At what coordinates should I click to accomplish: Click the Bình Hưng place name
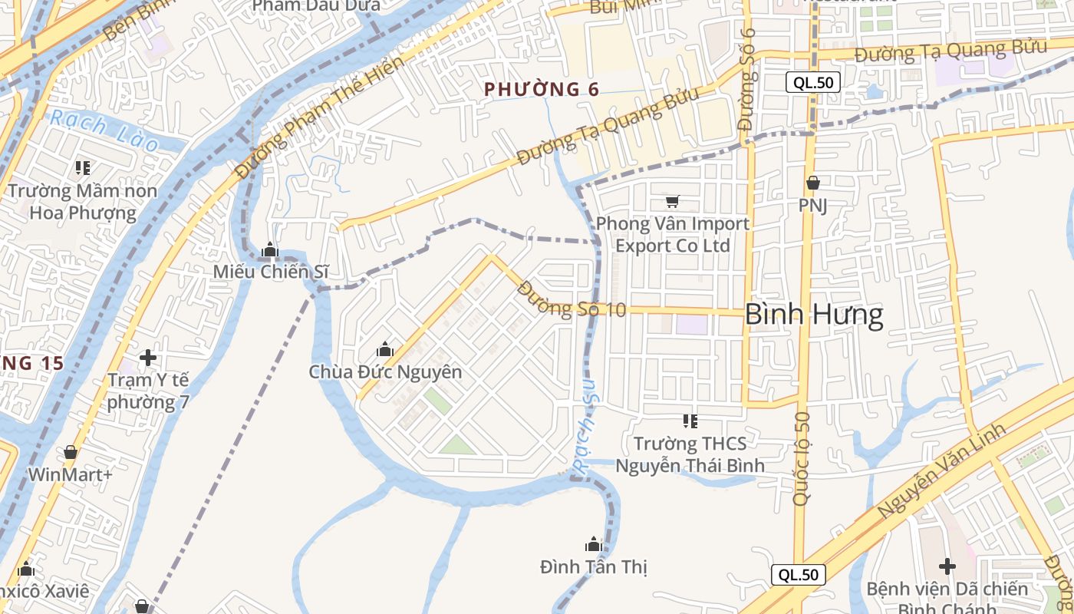[x=814, y=315]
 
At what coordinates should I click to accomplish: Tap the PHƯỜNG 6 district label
[x=542, y=89]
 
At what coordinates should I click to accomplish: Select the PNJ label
[x=812, y=206]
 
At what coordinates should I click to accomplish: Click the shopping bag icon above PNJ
[x=813, y=183]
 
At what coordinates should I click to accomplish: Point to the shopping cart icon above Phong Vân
[x=672, y=202]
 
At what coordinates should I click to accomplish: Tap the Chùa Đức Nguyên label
[x=385, y=372]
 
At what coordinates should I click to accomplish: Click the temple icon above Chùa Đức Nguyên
[x=385, y=350]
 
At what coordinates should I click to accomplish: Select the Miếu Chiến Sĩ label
[x=271, y=271]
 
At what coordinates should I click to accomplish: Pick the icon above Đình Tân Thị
[x=593, y=545]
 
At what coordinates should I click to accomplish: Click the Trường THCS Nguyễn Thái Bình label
[x=690, y=454]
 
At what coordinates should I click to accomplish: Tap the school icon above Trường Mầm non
[x=83, y=167]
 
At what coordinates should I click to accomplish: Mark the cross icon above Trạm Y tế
[x=148, y=358]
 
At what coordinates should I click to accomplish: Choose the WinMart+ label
[x=70, y=474]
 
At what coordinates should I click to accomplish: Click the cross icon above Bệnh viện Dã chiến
[x=947, y=566]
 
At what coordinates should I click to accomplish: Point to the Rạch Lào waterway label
[x=103, y=130]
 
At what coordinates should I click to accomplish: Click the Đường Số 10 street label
[x=572, y=300]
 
